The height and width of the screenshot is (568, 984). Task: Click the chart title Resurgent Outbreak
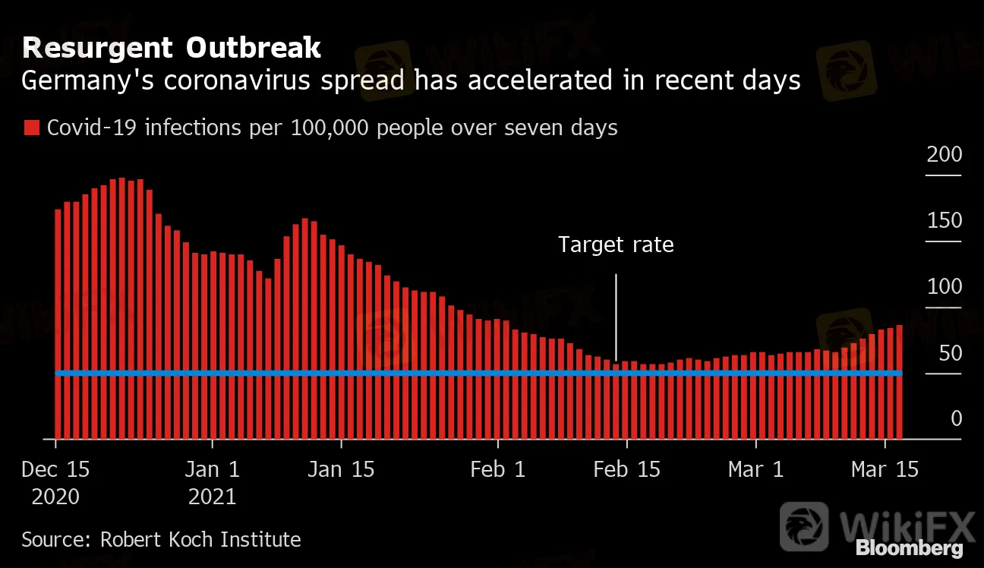(x=172, y=49)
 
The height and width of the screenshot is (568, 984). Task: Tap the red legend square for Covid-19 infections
(x=31, y=128)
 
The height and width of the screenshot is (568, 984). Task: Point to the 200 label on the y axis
(x=944, y=155)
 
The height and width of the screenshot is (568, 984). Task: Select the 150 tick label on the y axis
(x=944, y=221)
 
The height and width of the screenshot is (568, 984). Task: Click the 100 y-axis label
(x=944, y=287)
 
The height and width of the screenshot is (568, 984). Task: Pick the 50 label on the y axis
(x=949, y=353)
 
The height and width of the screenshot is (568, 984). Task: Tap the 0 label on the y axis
(x=956, y=419)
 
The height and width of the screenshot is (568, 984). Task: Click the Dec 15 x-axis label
(x=55, y=469)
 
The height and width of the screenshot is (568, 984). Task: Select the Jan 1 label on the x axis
(x=213, y=469)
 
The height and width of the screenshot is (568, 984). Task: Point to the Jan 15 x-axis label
(x=342, y=469)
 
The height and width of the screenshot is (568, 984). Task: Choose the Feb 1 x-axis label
(x=498, y=469)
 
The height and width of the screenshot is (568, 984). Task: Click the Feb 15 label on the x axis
(x=627, y=469)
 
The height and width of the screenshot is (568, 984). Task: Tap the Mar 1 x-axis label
(x=755, y=469)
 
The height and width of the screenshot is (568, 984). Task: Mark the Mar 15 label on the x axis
(x=885, y=469)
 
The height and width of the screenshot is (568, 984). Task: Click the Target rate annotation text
(x=616, y=245)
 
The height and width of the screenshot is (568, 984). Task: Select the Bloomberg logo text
(x=909, y=548)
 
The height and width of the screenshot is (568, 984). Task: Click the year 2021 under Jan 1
(x=213, y=497)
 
